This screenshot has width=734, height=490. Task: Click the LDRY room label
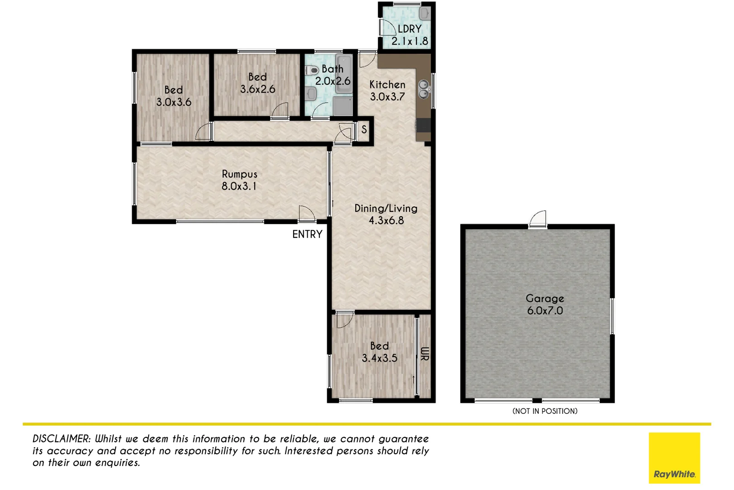pyautogui.click(x=410, y=29)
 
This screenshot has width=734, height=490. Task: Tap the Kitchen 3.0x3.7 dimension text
pyautogui.click(x=387, y=97)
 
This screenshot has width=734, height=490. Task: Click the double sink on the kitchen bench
pyautogui.click(x=424, y=89)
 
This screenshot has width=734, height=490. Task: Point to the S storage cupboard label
pyautogui.click(x=364, y=130)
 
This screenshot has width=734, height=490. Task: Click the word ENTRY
pyautogui.click(x=307, y=235)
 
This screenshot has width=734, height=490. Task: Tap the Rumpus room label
pyautogui.click(x=239, y=174)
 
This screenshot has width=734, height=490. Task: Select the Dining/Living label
pyautogui.click(x=386, y=209)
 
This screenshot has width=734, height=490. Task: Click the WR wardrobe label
pyautogui.click(x=425, y=354)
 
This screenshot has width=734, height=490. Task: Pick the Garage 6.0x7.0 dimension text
pyautogui.click(x=545, y=311)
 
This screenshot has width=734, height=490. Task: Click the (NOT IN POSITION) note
pyautogui.click(x=545, y=411)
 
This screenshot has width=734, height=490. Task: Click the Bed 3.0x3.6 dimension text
pyautogui.click(x=174, y=102)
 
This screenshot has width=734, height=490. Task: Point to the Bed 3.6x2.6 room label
pyautogui.click(x=257, y=77)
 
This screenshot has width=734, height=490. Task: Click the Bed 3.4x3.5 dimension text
pyautogui.click(x=379, y=358)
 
